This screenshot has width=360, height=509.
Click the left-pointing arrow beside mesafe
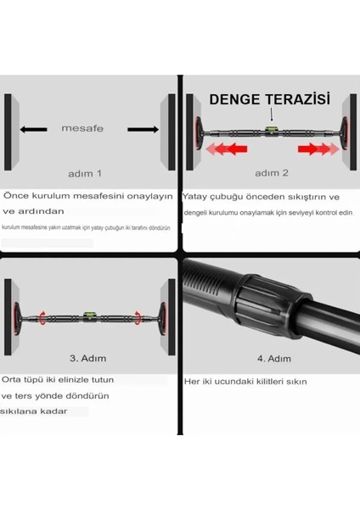pos(34,130)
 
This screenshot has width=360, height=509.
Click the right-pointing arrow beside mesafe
pos(142,130)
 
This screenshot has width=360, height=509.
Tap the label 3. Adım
pos(87,357)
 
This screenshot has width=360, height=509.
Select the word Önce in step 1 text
pos(18,194)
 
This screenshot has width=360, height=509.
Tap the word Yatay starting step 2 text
pos(197,196)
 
